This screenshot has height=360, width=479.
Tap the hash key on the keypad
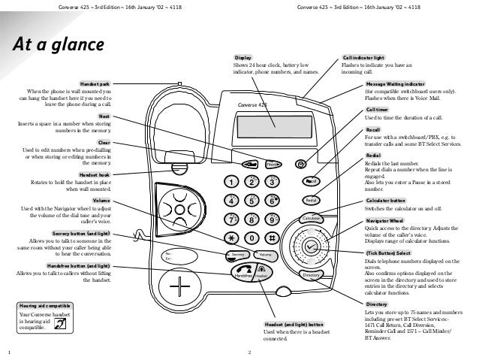point(273,237)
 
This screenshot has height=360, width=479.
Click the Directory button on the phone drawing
point(312,276)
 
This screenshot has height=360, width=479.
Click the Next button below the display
point(273,163)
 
